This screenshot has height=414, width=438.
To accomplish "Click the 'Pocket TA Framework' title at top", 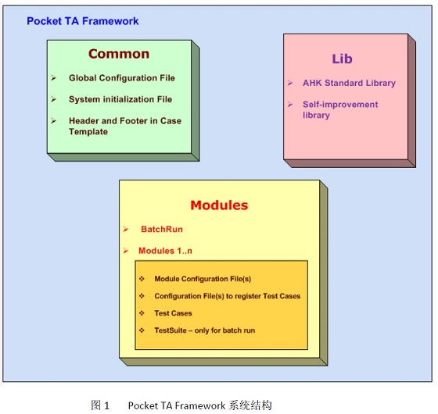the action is coord(83,21).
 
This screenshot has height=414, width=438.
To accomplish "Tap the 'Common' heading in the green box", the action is coord(119,54).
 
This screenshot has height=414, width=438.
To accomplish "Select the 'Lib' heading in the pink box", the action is coord(343,59).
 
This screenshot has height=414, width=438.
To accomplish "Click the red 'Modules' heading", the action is coord(219,205).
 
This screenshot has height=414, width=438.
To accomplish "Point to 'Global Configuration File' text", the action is coord(122,78).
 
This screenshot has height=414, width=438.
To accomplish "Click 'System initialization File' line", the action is coord(120,99).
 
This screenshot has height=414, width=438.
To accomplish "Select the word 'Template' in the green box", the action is coord(88,132).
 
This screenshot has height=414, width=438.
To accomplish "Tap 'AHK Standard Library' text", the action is coord(349,83).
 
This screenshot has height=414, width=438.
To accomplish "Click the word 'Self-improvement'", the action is coord(340,105).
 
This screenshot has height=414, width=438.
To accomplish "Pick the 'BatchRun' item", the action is coord(162,229).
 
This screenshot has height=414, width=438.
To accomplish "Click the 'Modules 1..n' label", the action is coord(165,251).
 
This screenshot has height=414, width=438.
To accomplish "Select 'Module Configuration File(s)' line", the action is coord(203,279).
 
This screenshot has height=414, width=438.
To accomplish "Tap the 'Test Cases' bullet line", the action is coord(173,313).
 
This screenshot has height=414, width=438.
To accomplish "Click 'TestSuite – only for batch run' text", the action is coord(205,330).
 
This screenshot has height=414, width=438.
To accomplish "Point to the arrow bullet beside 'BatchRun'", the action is coord(126,230).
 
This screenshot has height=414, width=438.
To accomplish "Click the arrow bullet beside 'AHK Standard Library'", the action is coord(290,83).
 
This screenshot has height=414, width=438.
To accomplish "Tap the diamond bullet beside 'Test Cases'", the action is coord(142,313).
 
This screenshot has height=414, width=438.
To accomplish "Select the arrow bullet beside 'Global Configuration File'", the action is coord(54,78).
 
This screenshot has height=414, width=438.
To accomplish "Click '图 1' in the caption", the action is coord(100,405).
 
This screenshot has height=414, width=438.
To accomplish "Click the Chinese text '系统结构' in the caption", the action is coord(250,405).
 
